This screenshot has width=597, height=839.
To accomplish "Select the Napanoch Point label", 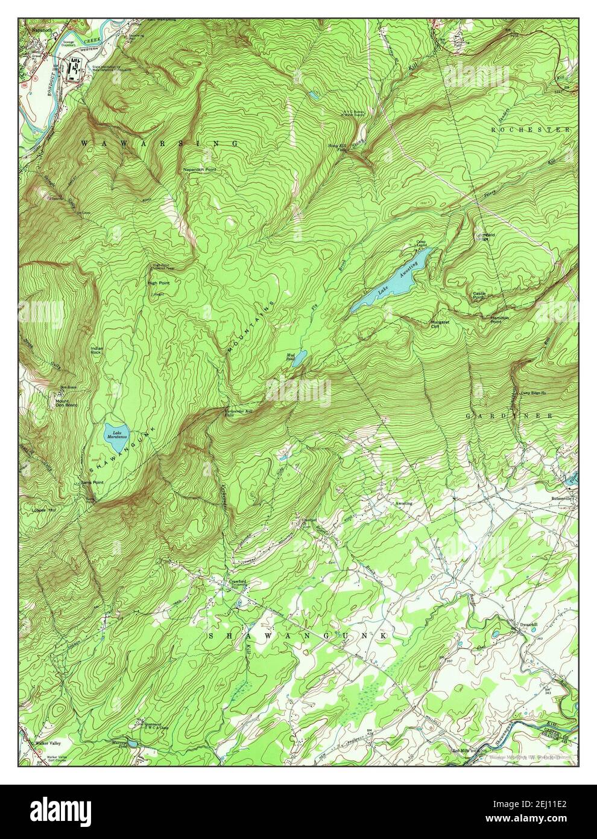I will click(200, 170).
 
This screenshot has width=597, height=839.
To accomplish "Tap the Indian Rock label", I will click(97, 351).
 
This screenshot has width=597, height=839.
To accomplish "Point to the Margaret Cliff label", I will click(440, 324).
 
